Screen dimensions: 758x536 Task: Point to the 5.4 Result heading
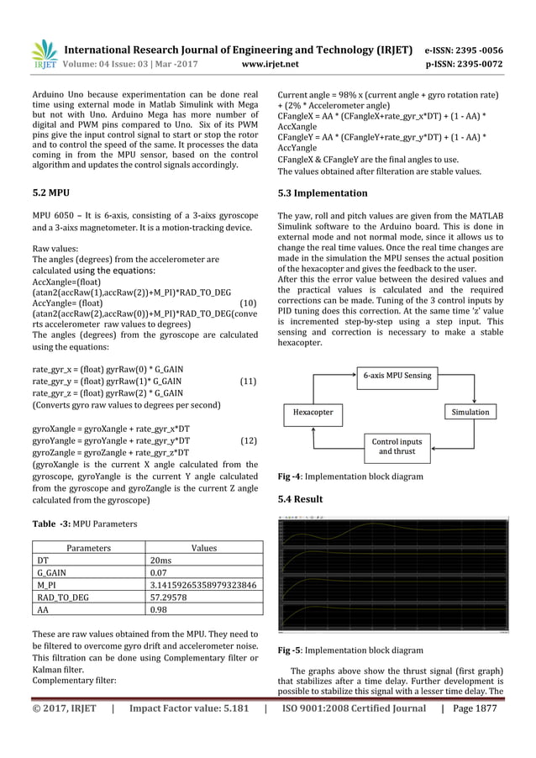[302, 500]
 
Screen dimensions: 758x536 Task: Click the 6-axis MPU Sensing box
[397, 375]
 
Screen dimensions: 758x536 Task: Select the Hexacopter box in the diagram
[313, 413]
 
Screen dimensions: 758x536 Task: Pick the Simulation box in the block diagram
[470, 413]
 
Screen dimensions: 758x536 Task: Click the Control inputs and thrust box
[397, 445]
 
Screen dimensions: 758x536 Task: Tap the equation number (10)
[248, 303]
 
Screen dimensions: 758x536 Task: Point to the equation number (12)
[248, 440]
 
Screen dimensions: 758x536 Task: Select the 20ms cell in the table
[163, 561]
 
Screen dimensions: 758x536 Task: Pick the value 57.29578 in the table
[175, 597]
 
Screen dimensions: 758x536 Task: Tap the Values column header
[204, 547]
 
